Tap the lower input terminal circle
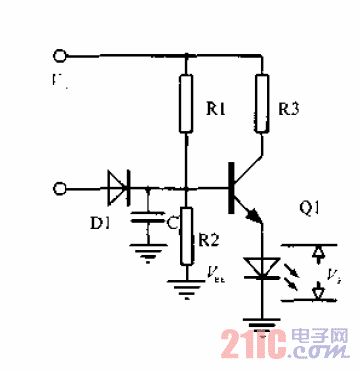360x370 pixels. (59, 186)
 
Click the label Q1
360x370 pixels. (309, 209)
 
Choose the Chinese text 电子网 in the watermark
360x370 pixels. (316, 339)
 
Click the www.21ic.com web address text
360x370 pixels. (317, 355)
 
